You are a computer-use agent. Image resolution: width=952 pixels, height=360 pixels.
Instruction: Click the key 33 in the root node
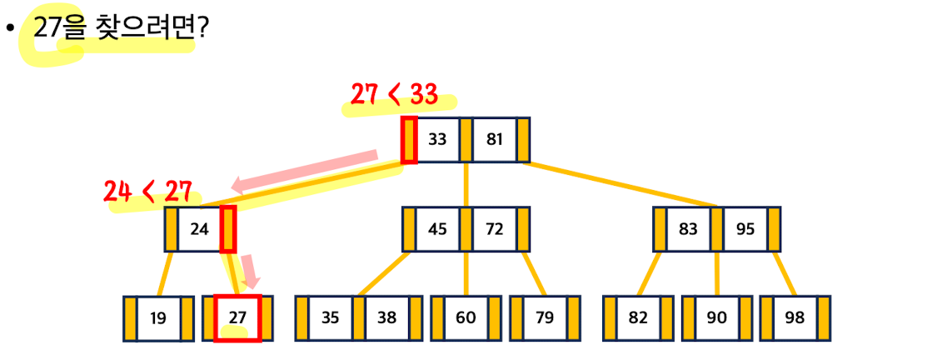point(437,140)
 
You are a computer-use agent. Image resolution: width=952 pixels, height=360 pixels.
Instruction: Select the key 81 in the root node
point(495,140)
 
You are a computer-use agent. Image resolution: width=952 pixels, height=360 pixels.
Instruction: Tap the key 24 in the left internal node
point(200,229)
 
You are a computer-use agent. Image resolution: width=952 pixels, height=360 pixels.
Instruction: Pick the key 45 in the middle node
point(437,229)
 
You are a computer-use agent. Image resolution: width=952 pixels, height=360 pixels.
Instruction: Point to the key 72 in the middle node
point(495,229)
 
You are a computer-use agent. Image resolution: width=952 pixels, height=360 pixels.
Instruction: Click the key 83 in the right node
point(688,229)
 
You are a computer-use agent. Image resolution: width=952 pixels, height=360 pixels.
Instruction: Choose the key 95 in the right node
point(745,229)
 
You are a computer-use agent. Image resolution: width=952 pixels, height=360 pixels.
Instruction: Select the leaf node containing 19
point(158,318)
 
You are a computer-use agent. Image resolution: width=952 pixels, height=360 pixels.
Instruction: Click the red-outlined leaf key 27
point(237,318)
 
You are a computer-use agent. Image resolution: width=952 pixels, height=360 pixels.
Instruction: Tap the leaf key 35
point(331,318)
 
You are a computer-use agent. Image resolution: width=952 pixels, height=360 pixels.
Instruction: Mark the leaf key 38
point(387,318)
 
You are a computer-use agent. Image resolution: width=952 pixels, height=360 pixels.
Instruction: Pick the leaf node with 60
point(466,318)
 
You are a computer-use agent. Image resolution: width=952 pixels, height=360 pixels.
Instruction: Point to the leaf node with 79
point(545,318)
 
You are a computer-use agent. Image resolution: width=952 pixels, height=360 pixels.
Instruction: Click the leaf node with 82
point(638,318)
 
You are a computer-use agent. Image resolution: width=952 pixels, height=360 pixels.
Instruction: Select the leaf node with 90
point(716,318)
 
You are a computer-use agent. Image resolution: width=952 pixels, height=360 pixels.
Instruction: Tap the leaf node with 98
point(795,318)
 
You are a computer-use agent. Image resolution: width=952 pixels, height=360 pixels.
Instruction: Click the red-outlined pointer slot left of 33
point(409,140)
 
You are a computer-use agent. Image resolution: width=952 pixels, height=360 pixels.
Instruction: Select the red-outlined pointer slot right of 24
point(227,229)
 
